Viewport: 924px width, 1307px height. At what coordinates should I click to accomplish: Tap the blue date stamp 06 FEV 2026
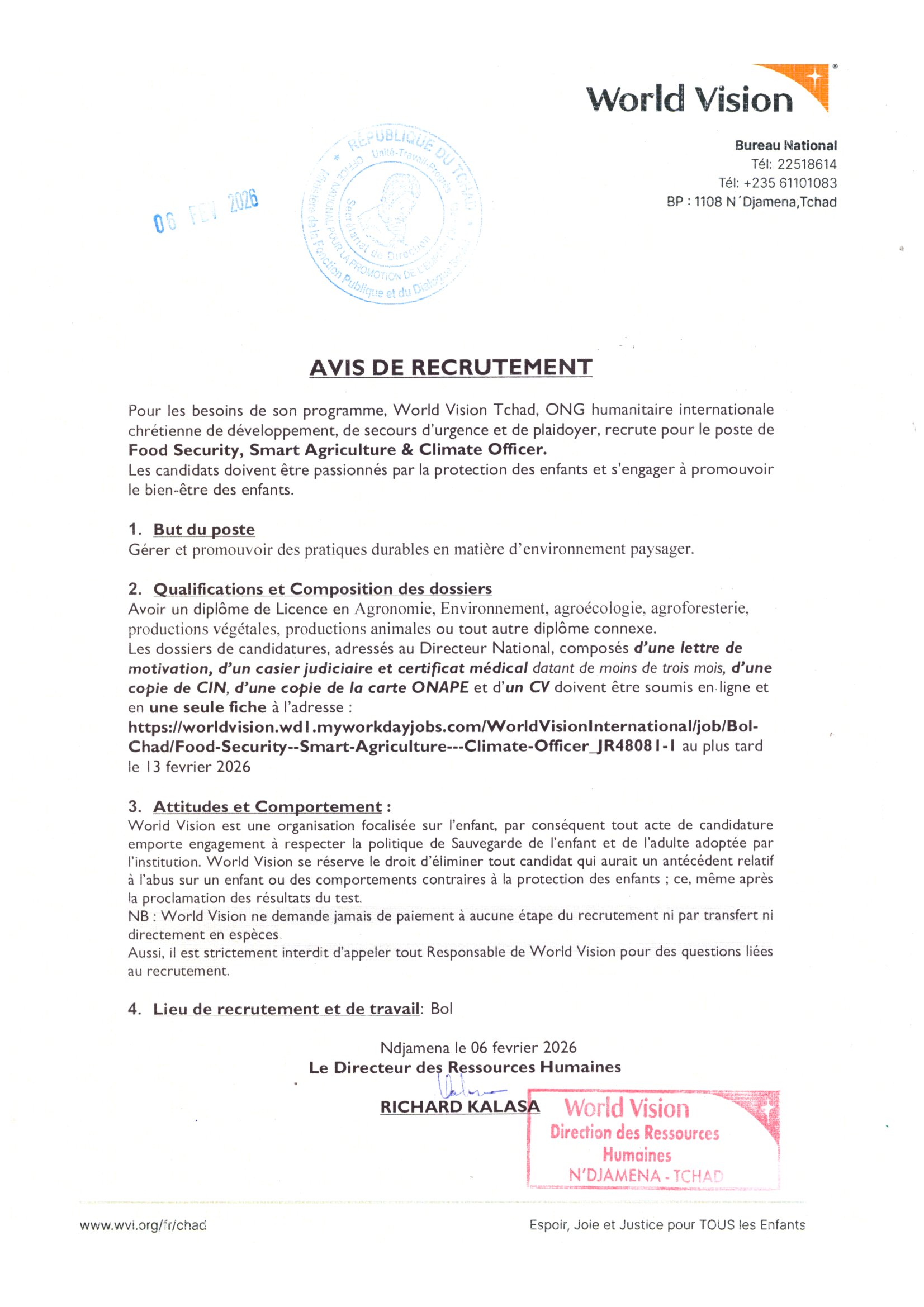[206, 211]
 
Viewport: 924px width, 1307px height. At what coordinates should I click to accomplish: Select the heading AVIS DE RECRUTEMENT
[451, 367]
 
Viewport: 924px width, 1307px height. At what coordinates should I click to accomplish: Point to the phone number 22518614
[807, 164]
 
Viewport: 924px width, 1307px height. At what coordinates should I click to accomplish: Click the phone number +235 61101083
[790, 183]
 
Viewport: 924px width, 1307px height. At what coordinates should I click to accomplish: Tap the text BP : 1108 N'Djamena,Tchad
[751, 202]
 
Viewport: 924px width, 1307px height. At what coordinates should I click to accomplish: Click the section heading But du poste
[204, 529]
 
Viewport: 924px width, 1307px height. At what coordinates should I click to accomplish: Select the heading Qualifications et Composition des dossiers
[322, 588]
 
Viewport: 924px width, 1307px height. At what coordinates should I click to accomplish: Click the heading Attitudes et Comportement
[267, 807]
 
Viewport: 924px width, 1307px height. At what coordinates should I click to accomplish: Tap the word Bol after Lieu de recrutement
[441, 1009]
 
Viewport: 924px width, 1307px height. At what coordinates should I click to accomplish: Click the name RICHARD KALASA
[459, 1106]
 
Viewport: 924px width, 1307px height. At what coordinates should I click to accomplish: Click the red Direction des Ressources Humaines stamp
[653, 1138]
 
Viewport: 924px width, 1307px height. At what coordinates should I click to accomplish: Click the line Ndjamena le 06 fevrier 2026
[478, 1047]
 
